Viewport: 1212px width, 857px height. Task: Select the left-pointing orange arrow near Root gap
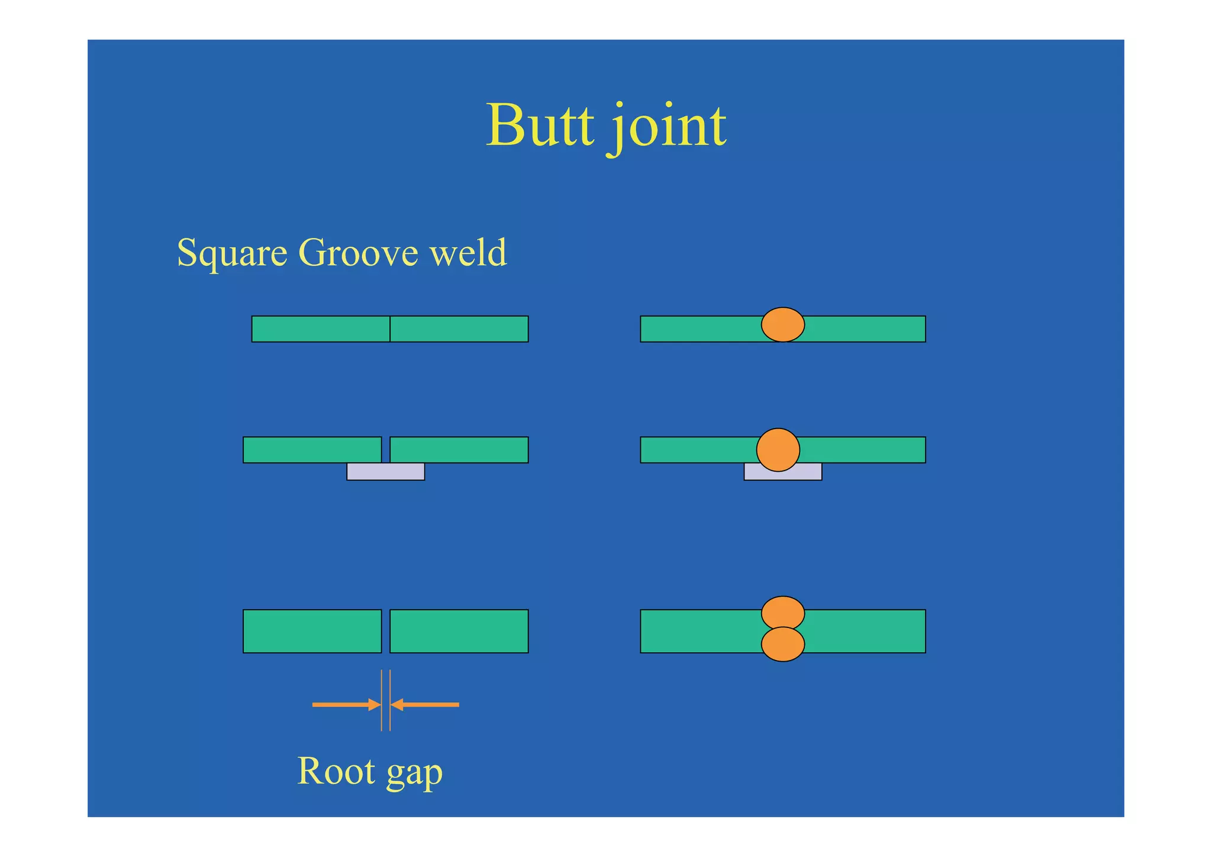click(x=425, y=704)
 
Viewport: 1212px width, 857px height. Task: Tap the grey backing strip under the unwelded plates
click(x=385, y=472)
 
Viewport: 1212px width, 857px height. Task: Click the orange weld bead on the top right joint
click(x=782, y=324)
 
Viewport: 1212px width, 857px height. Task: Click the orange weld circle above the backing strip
click(x=778, y=450)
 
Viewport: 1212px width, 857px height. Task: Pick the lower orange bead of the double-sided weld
click(x=782, y=645)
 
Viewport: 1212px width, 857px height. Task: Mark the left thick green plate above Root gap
click(x=312, y=631)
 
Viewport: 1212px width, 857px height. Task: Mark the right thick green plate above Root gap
click(x=459, y=631)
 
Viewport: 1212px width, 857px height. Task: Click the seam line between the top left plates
click(x=390, y=329)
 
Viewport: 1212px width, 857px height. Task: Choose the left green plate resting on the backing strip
click(x=312, y=450)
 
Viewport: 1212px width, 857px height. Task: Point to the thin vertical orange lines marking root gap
click(x=386, y=700)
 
